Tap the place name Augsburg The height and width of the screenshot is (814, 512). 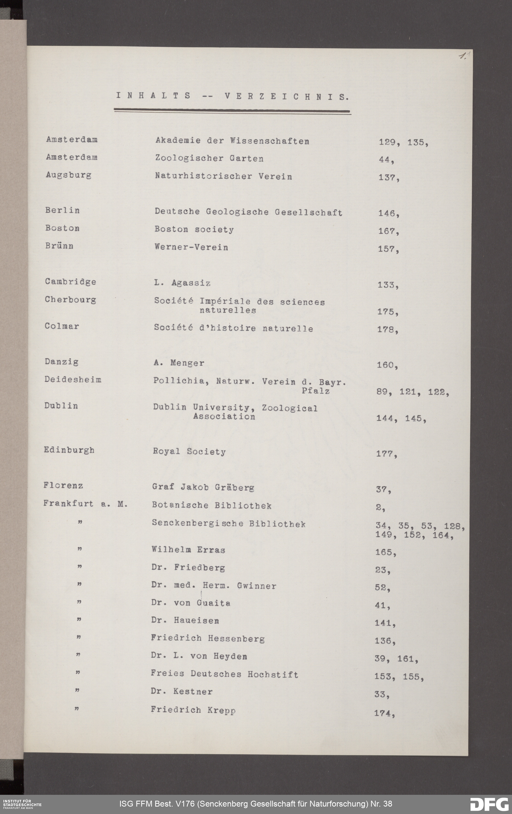pyautogui.click(x=68, y=175)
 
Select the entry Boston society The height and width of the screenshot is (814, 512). pyautogui.click(x=194, y=230)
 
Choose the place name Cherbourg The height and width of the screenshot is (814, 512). pyautogui.click(x=70, y=300)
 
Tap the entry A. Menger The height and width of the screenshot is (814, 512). pyautogui.click(x=178, y=363)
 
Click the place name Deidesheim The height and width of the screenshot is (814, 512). pyautogui.click(x=73, y=379)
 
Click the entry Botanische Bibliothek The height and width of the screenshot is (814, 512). pyautogui.click(x=212, y=506)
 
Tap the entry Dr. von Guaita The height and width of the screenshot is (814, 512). pyautogui.click(x=191, y=603)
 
